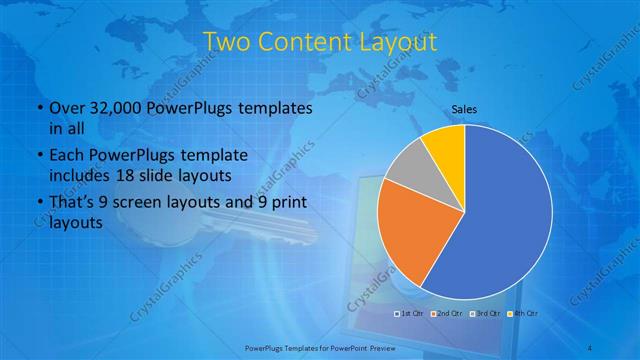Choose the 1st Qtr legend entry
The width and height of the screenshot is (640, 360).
pos(411,314)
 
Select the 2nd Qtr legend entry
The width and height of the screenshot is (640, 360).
pos(448,314)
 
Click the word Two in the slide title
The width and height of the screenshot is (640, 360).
pos(227,41)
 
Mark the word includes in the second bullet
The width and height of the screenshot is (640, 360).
pos(79,175)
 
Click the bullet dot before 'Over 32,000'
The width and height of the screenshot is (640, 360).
pos(37,108)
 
